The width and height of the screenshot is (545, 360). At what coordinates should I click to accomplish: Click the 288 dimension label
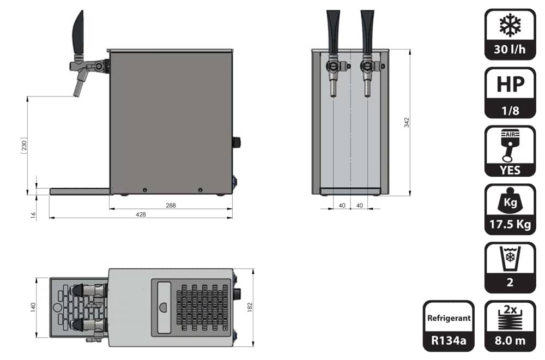tap(171, 205)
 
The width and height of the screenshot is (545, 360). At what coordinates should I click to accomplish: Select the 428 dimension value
tap(141, 214)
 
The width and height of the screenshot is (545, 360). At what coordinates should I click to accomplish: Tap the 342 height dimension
tap(407, 122)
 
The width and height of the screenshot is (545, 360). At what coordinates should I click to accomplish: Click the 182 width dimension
tap(250, 307)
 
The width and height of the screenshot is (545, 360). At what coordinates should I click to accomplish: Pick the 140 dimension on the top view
tap(33, 307)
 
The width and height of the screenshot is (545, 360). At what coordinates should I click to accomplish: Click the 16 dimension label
tap(33, 215)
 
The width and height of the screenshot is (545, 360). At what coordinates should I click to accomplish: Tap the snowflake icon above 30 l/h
tap(510, 25)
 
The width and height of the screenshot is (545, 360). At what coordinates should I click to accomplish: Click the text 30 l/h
tap(510, 50)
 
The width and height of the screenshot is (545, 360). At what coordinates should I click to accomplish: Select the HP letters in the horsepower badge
tap(510, 84)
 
